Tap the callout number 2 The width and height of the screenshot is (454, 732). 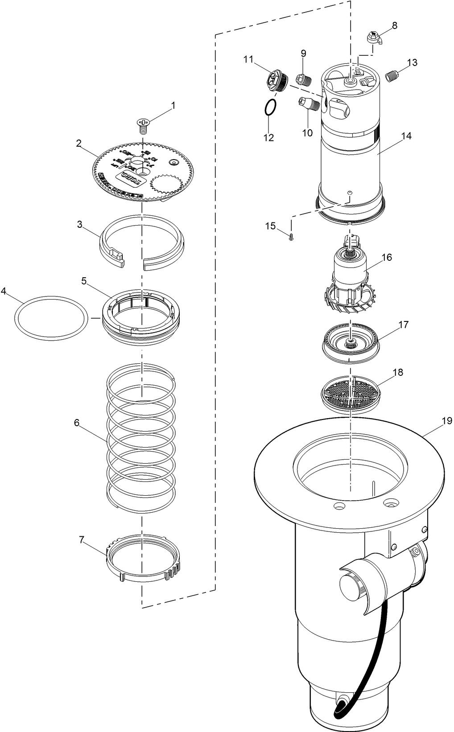(x=78, y=144)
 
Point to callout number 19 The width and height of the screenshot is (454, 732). (x=447, y=421)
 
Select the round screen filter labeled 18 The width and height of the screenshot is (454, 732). (x=351, y=393)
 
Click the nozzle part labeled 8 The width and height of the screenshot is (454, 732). (x=373, y=38)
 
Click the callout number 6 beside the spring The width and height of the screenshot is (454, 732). (x=77, y=423)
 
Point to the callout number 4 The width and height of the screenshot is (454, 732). (x=4, y=291)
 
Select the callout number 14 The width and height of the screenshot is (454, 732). (x=406, y=136)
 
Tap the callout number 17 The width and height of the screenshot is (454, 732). (x=403, y=325)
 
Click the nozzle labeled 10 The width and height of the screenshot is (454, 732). (x=307, y=104)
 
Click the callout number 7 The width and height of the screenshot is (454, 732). (x=82, y=539)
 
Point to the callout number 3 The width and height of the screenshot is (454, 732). (x=79, y=225)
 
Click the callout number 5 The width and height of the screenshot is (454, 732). (x=83, y=281)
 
